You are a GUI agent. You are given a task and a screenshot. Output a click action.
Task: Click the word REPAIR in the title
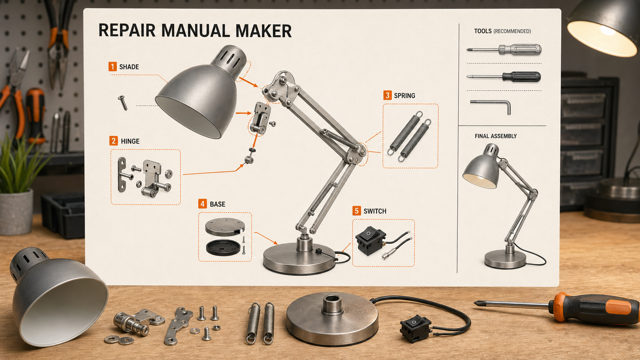tap(127, 31)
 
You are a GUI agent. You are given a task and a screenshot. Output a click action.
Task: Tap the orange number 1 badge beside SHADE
tap(113, 67)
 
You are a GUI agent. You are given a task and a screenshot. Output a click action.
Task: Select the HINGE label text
tap(130, 141)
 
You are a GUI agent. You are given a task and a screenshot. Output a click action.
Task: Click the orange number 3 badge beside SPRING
tap(387, 95)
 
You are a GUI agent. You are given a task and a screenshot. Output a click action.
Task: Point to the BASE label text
tap(217, 204)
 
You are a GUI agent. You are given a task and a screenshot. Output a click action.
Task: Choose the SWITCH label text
tap(375, 211)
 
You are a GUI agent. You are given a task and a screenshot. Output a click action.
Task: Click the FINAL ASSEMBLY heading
tap(496, 136)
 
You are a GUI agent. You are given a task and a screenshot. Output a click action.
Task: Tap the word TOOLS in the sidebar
tap(483, 31)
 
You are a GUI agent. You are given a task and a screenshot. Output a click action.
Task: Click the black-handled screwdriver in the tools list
tap(504, 77)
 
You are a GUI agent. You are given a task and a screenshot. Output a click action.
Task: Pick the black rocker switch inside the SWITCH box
tap(370, 240)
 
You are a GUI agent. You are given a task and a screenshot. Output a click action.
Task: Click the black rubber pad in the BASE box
tap(223, 248)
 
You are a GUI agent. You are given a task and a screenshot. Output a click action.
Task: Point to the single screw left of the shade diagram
tap(122, 103)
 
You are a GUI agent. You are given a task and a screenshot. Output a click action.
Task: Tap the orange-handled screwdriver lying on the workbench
tap(557, 308)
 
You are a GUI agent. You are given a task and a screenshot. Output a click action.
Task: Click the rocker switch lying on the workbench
tap(415, 328)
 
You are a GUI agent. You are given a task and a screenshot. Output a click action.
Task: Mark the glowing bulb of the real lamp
tap(607, 31)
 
